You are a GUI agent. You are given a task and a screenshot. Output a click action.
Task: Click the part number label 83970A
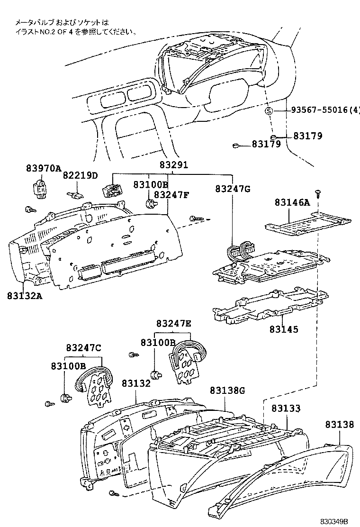tap(44, 169)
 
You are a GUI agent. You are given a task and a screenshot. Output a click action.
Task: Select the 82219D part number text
tap(80, 176)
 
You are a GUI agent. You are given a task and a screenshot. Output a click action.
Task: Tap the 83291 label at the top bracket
tap(173, 165)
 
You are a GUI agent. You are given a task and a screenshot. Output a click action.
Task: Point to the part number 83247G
tap(233, 189)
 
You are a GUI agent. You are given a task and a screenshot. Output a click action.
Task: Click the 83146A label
tap(292, 203)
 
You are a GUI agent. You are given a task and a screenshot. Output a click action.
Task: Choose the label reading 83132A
tap(25, 296)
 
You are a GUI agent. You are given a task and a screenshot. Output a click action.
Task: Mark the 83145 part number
tap(284, 329)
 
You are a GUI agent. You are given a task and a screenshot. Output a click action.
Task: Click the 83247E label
tap(174, 324)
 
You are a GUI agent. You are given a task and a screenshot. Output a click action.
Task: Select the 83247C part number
tap(83, 348)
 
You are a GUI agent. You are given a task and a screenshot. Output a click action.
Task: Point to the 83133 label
tap(286, 408)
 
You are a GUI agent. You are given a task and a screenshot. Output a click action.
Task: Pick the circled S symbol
tap(269, 111)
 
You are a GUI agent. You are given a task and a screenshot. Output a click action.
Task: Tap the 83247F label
tap(171, 194)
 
